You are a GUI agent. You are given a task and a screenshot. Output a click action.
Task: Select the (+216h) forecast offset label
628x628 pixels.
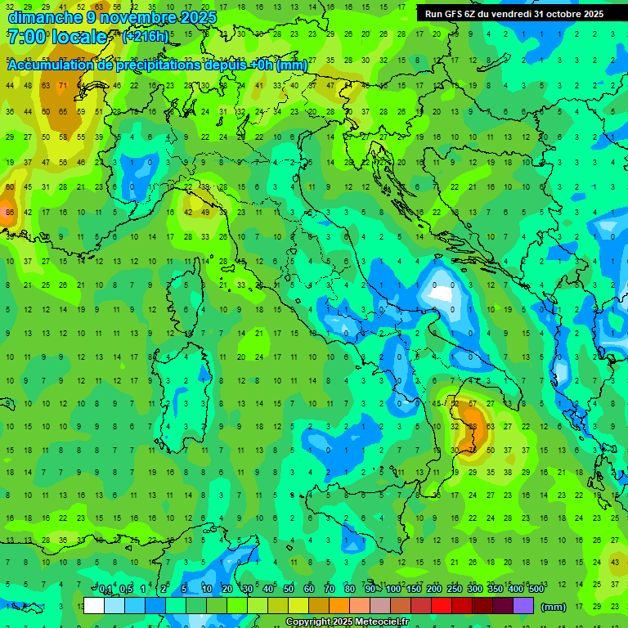point(146,36)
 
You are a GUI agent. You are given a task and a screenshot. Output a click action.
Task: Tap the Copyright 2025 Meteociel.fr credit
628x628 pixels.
point(347,622)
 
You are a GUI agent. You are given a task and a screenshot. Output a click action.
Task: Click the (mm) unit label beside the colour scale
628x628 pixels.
point(554,607)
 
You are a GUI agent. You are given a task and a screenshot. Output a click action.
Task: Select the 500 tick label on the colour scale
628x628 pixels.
point(536,590)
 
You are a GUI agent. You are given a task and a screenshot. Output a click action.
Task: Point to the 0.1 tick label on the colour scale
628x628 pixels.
point(105,590)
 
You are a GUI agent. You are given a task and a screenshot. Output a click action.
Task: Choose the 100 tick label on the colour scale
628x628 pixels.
point(392,590)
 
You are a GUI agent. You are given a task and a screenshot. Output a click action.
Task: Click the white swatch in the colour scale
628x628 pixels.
point(94,606)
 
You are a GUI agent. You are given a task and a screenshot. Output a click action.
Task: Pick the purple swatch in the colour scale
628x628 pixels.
point(523,606)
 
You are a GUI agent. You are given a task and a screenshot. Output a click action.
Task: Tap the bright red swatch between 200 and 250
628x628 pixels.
point(442,606)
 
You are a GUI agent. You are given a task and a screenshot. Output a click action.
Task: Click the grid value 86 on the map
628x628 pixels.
point(10,213)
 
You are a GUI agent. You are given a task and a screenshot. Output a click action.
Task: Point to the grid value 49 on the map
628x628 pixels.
point(205,213)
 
